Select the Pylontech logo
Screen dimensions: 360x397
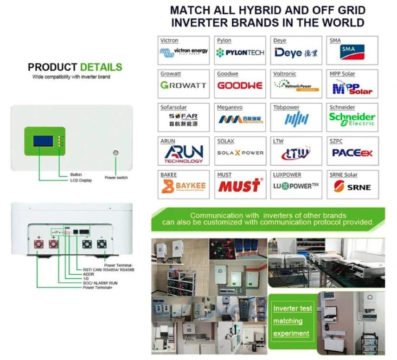pyautogui.click(x=240, y=52)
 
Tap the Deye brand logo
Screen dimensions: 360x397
pyautogui.click(x=295, y=52)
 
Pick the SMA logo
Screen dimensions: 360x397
pyautogui.click(x=352, y=52)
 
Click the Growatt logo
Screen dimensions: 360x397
pyautogui.click(x=183, y=85)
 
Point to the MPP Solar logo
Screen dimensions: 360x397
pyautogui.click(x=352, y=87)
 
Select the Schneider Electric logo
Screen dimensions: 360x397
pyautogui.click(x=352, y=119)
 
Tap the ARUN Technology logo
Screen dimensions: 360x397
pyautogui.click(x=183, y=153)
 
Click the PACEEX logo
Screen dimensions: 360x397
pyautogui.click(x=352, y=153)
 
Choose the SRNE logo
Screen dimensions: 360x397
pyautogui.click(x=352, y=186)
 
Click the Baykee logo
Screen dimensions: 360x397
pyautogui.click(x=183, y=186)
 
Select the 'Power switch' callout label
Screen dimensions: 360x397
pyautogui.click(x=116, y=178)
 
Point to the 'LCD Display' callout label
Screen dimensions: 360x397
pyautogui.click(x=81, y=180)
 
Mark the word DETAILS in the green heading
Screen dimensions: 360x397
pyautogui.click(x=101, y=67)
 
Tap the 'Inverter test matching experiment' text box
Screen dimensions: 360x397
pyautogui.click(x=292, y=321)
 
